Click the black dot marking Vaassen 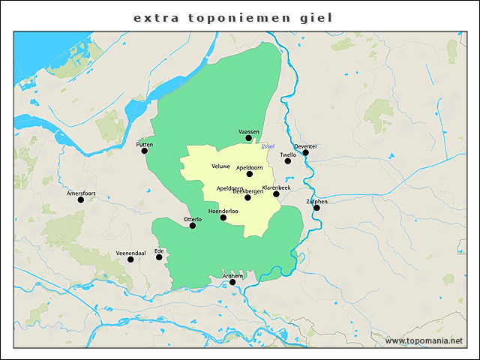coord(249,138)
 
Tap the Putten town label coord(144,143)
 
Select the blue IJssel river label coord(268,145)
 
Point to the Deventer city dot coord(305,153)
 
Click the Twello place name coord(288,154)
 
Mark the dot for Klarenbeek coord(276,194)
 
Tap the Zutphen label coord(316,201)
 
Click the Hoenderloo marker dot coord(223,217)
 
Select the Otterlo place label coord(193,218)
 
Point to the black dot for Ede coord(159,257)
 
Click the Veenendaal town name coord(130,253)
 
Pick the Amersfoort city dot coord(80,199)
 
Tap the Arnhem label coord(233,276)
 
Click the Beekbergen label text coord(248,191)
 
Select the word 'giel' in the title coord(314,16)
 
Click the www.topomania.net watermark coord(424,340)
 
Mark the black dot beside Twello coord(288,161)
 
